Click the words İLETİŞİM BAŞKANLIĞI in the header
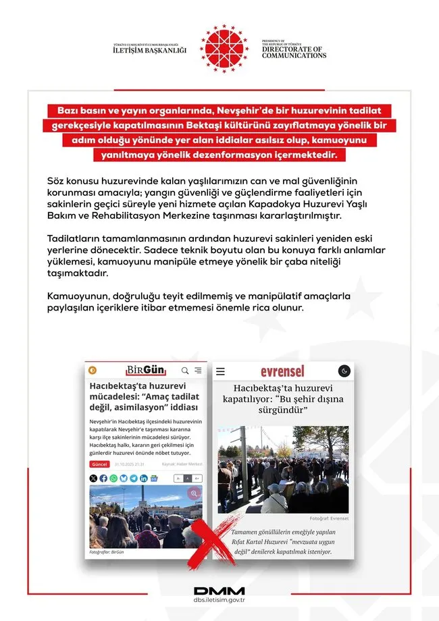click(149, 50)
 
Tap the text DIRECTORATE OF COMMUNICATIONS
click(294, 52)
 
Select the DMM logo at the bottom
click(219, 591)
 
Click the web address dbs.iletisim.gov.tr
click(219, 602)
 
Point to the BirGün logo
click(146, 370)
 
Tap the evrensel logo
click(282, 371)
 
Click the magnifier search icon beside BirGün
click(185, 370)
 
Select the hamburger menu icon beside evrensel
click(220, 371)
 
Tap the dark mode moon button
click(343, 371)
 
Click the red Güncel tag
click(99, 464)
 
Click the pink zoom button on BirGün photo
click(194, 493)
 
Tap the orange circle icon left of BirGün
click(93, 370)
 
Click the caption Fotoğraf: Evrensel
click(330, 519)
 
